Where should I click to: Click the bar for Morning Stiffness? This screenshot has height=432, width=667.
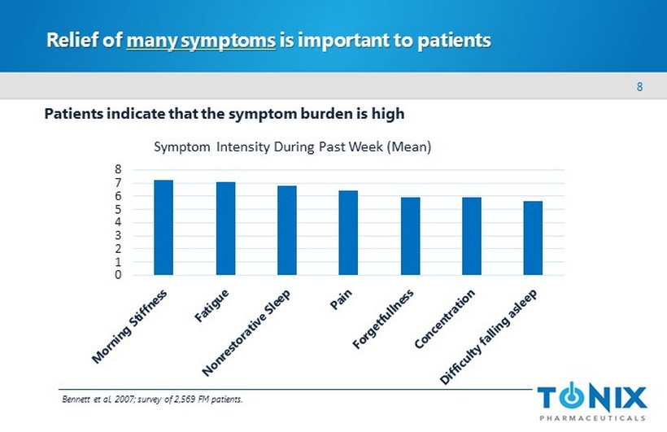(x=163, y=227)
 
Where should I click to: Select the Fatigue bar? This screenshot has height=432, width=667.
(x=225, y=229)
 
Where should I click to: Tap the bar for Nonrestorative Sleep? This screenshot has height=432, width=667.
(x=286, y=230)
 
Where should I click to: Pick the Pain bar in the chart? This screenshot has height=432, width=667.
(x=348, y=233)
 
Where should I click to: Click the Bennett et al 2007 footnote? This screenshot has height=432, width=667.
(x=152, y=399)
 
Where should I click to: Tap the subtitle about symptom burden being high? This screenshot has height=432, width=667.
(x=224, y=113)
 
